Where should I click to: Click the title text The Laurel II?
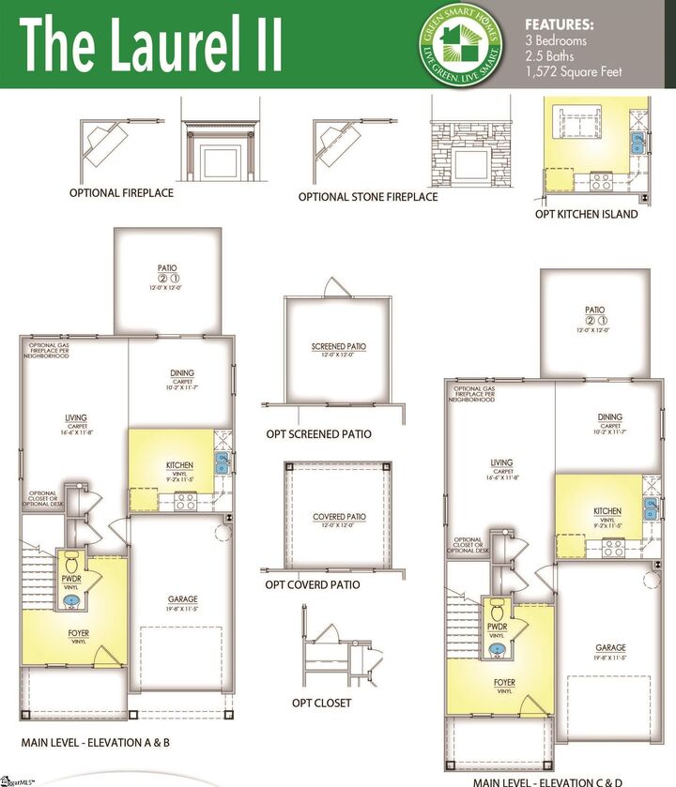(150, 46)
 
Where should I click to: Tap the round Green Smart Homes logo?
(460, 44)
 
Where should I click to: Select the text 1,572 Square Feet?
(573, 71)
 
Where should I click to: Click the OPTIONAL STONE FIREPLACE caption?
(368, 197)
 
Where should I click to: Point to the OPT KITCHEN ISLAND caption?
(586, 214)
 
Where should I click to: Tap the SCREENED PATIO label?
(338, 347)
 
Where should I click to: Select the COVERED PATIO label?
(339, 517)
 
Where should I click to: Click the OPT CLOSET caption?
(322, 703)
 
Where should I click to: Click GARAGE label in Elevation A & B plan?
(183, 599)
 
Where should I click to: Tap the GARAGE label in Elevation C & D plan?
(610, 648)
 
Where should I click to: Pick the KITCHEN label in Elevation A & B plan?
(179, 465)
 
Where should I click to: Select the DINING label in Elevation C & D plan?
(610, 417)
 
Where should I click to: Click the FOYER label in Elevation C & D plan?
(505, 682)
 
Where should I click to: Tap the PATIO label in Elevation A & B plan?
(167, 268)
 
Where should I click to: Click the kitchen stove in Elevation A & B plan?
(185, 503)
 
